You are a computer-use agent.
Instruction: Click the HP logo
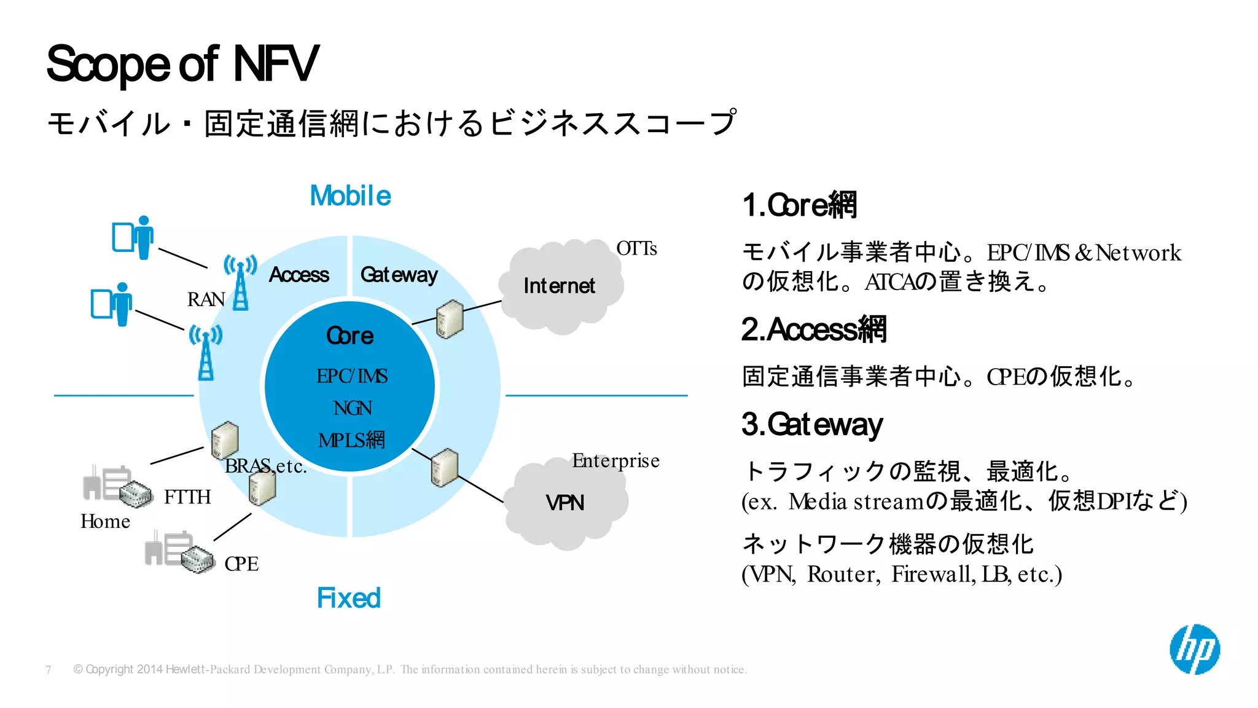(1194, 649)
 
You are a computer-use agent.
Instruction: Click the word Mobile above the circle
(350, 196)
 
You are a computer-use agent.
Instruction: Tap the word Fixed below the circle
(348, 598)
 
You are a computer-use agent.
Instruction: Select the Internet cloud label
(559, 286)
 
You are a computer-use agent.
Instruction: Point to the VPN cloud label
(565, 503)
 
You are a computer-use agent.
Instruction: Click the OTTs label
(636, 248)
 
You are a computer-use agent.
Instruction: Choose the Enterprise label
(615, 460)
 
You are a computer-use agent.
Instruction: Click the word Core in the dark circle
(350, 336)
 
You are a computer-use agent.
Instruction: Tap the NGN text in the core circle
(352, 408)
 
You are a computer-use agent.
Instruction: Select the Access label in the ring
(299, 275)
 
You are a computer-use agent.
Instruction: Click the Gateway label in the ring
(399, 275)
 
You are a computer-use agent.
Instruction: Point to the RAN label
(205, 299)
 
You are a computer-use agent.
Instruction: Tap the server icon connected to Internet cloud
(449, 319)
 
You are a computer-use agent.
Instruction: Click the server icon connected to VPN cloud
(444, 468)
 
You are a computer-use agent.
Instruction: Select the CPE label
(241, 564)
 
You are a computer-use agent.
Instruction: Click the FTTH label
(187, 497)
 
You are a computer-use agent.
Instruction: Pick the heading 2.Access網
(813, 329)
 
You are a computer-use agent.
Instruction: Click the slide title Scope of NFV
(182, 64)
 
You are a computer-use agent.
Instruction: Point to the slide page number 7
(49, 670)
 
